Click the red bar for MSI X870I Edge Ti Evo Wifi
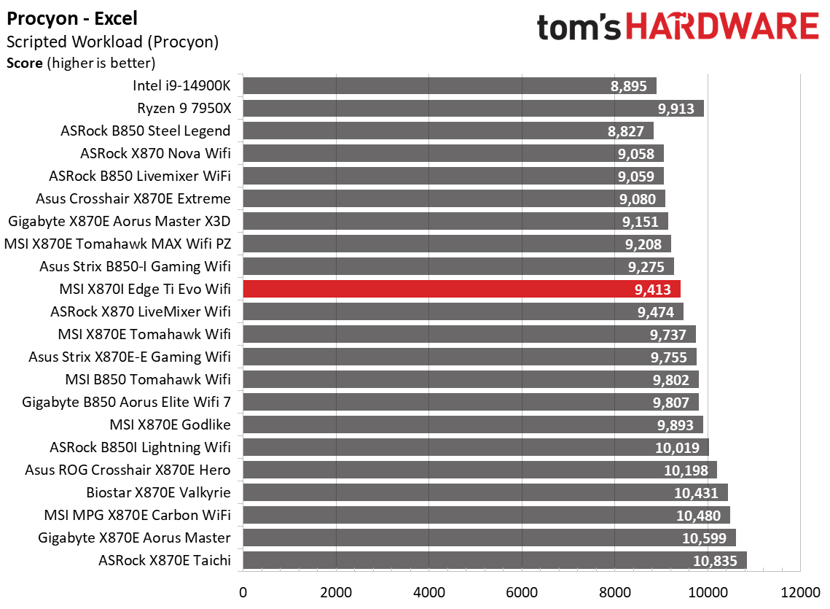tap(461, 289)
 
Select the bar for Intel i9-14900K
tap(449, 86)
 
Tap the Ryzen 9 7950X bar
tap(473, 109)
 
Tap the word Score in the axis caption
tap(25, 63)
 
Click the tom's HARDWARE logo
tap(677, 28)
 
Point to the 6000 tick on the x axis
tap(521, 591)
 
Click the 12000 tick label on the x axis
tap(799, 591)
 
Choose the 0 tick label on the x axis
tap(243, 591)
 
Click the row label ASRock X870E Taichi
tap(164, 560)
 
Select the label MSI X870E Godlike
tap(170, 424)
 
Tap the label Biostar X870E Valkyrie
tap(158, 492)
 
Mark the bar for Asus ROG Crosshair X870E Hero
tap(479, 470)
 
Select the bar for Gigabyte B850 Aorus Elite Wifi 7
tap(470, 402)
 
